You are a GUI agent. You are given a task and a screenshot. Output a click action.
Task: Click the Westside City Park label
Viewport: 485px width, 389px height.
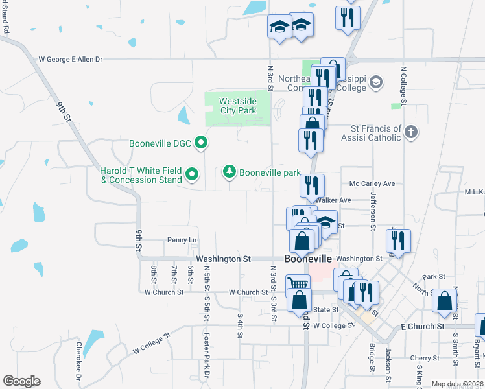tap(237, 106)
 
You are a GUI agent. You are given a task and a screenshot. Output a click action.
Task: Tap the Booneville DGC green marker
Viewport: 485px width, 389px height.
tap(201, 143)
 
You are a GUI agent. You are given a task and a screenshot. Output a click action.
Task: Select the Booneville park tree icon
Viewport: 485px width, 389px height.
tap(229, 172)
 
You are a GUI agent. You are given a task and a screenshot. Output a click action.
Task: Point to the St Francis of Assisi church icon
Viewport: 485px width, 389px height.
tap(410, 132)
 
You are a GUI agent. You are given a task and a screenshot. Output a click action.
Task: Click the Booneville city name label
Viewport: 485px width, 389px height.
tap(308, 258)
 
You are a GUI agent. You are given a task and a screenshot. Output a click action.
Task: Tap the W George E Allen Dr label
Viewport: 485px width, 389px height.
tap(71, 59)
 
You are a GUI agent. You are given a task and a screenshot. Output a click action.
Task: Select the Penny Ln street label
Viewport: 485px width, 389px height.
tap(182, 240)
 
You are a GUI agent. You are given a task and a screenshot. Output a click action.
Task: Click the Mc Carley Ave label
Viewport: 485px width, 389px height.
tap(372, 184)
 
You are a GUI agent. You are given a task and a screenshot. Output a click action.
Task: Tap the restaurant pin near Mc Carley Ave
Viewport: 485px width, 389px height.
tap(312, 185)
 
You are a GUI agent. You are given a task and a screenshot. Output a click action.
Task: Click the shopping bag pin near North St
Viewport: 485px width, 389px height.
tap(445, 300)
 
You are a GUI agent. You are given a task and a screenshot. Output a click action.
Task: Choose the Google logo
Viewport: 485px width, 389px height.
tap(21, 381)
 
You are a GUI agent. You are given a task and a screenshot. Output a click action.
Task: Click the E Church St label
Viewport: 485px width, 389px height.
tap(422, 326)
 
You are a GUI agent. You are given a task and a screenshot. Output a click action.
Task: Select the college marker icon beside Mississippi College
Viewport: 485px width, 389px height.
tap(376, 82)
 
